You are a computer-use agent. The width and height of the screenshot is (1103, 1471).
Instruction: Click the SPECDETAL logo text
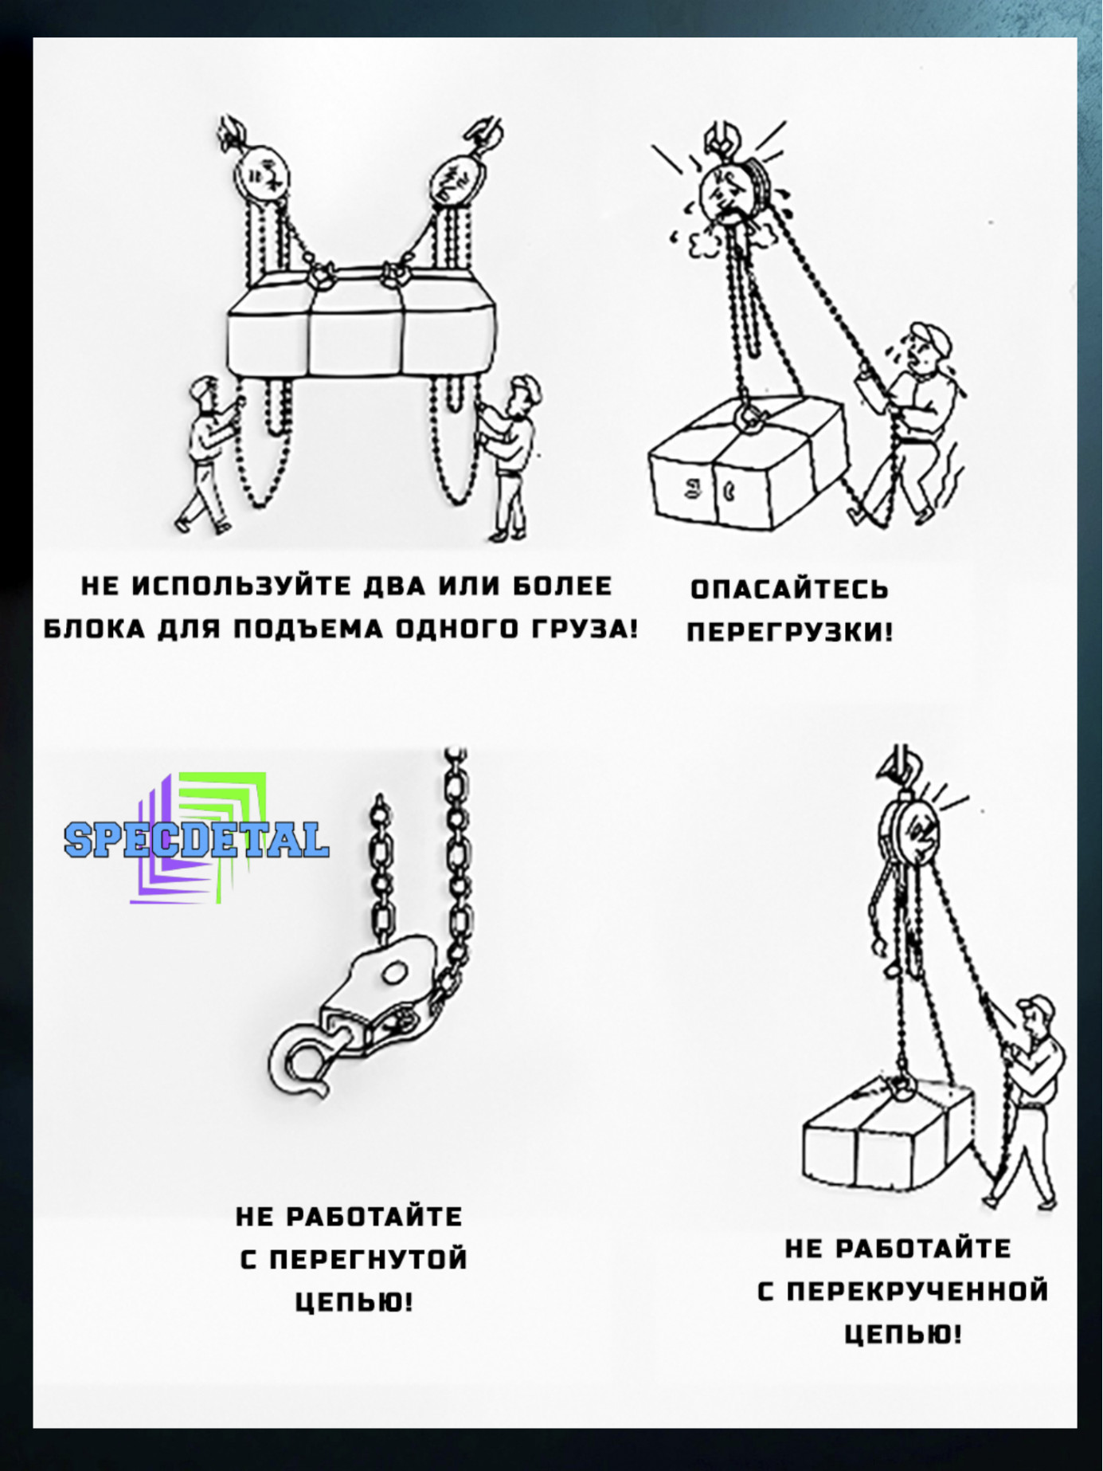pyautogui.click(x=196, y=839)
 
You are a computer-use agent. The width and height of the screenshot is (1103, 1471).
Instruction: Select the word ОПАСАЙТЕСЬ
pyautogui.click(x=789, y=589)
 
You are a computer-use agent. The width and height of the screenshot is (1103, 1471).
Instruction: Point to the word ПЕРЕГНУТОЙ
pyautogui.click(x=368, y=1260)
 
